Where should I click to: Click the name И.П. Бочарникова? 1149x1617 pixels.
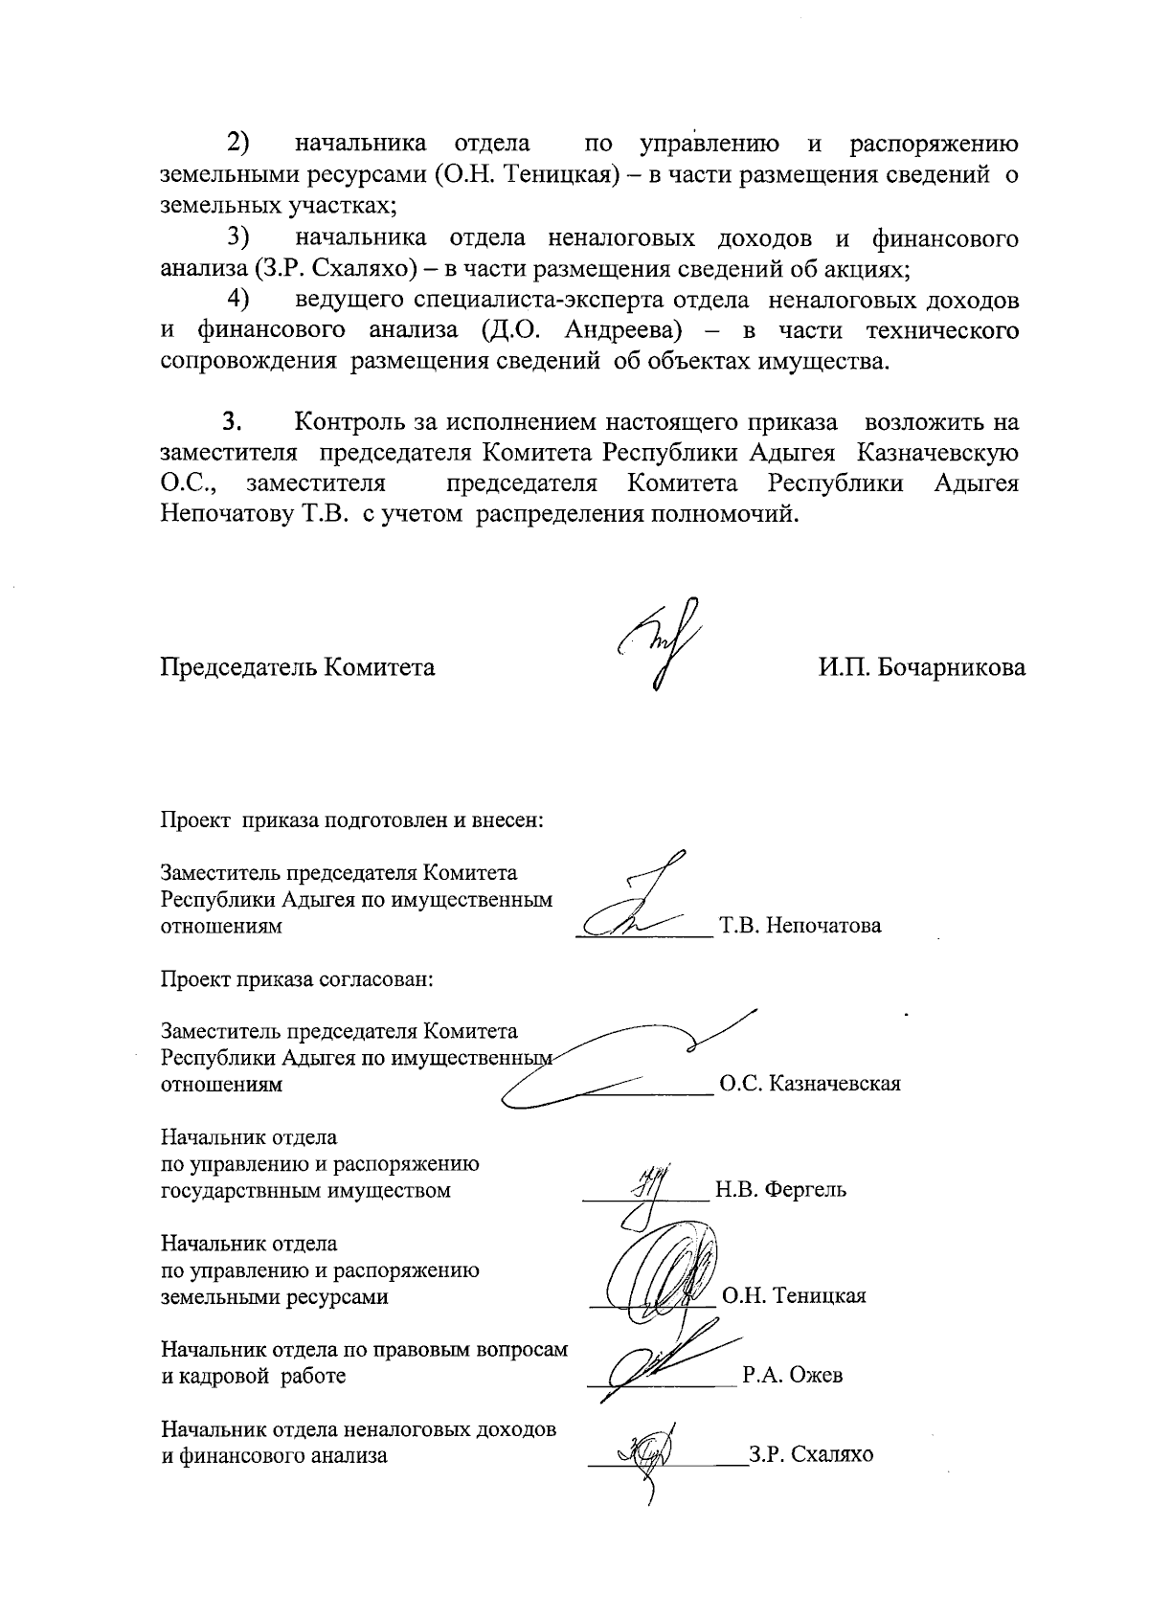click(921, 667)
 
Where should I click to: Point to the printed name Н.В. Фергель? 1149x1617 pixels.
click(780, 1191)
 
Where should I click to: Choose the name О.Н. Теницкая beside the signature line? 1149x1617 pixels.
click(794, 1297)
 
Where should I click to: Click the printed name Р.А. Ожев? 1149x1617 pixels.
click(793, 1377)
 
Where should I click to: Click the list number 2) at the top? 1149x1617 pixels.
click(238, 145)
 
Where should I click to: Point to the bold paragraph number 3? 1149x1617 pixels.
click(230, 422)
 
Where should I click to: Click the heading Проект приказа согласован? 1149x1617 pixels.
click(297, 979)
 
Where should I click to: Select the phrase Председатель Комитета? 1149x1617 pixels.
click(297, 667)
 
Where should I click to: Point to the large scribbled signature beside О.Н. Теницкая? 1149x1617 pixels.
click(661, 1273)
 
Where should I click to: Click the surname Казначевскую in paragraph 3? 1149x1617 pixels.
click(937, 453)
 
